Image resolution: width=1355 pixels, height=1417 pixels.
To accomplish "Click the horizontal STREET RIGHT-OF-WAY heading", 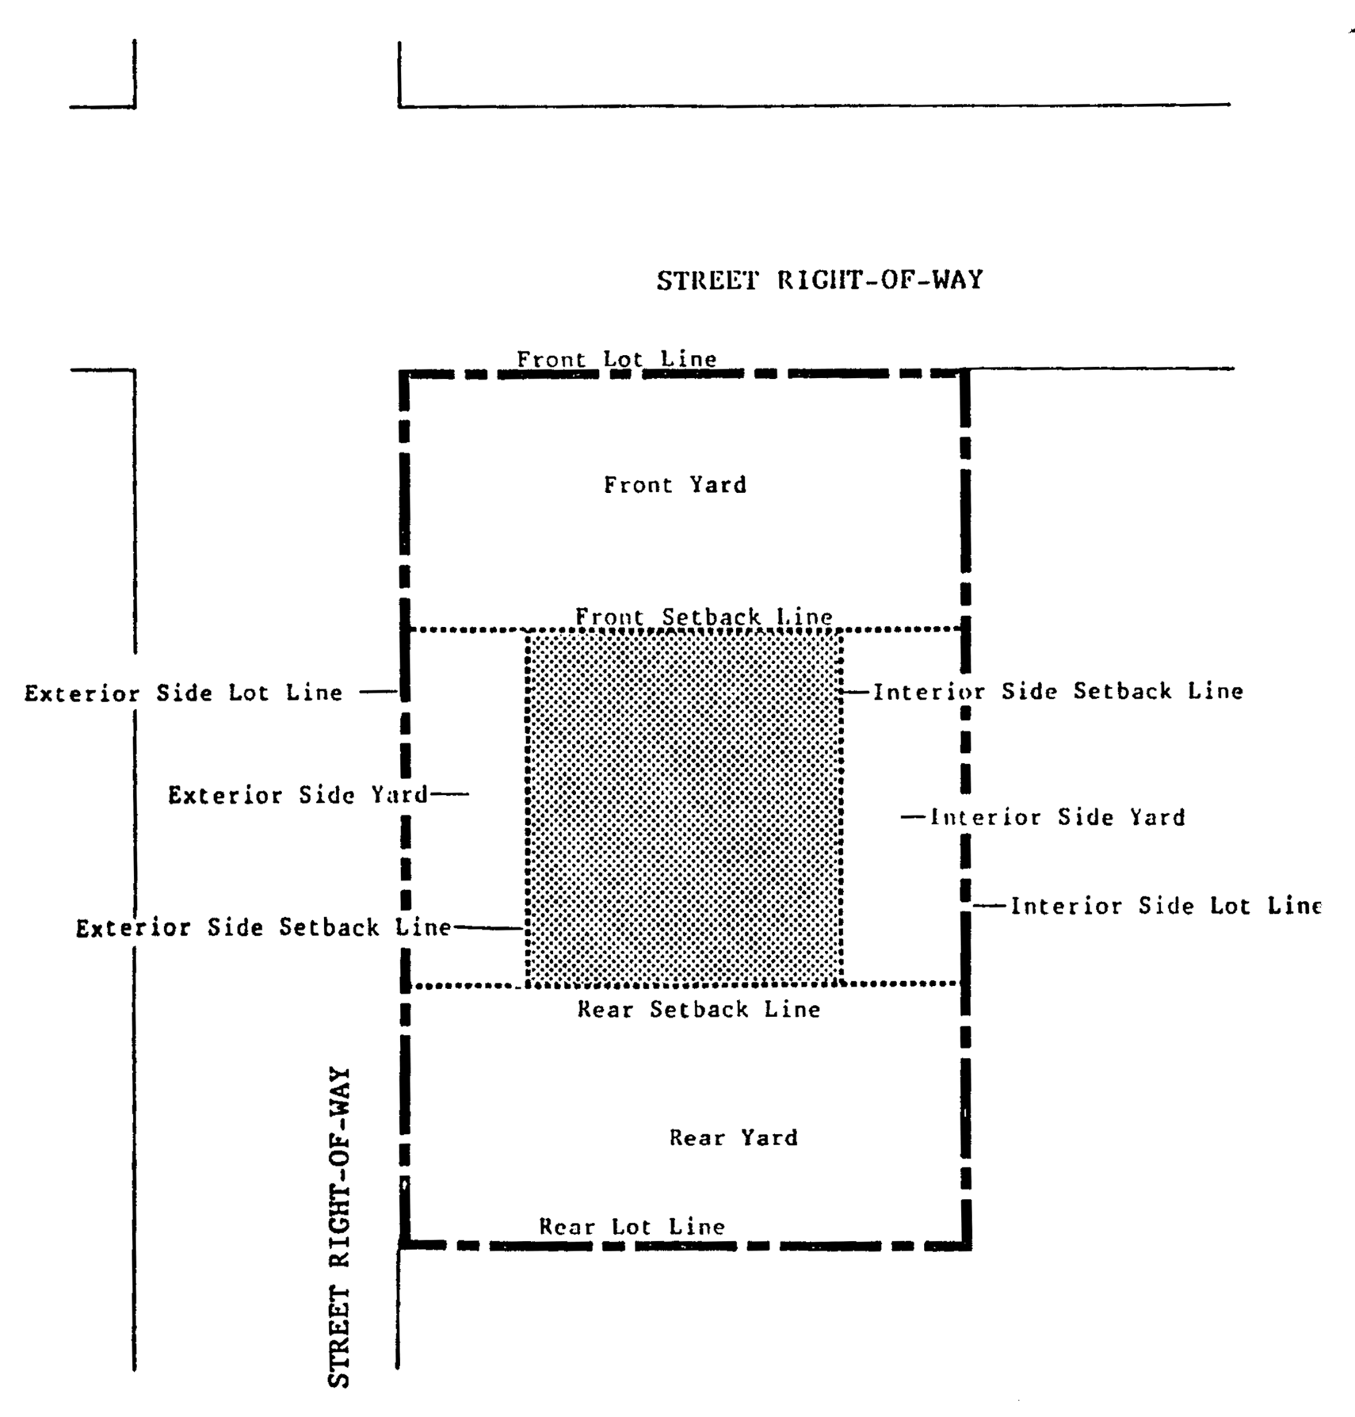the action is pyautogui.click(x=819, y=281).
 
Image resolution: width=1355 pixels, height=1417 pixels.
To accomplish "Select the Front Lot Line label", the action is pyautogui.click(x=616, y=359).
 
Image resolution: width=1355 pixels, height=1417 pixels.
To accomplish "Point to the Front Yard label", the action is pyautogui.click(x=675, y=484).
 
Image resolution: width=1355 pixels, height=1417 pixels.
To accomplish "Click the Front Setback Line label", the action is pyautogui.click(x=704, y=616).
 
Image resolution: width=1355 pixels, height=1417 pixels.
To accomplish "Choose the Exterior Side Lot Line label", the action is pyautogui.click(x=184, y=693).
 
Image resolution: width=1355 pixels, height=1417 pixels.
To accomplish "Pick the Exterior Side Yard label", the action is pyautogui.click(x=298, y=795).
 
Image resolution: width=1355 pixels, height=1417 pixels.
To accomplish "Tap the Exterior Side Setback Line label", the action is pyautogui.click(x=263, y=928).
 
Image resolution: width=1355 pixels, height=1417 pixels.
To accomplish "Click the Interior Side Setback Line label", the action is pyautogui.click(x=1059, y=691).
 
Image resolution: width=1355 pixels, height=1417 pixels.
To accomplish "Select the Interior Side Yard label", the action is pyautogui.click(x=1058, y=817).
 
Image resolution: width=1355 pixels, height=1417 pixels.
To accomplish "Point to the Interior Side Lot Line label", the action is pyautogui.click(x=1166, y=906).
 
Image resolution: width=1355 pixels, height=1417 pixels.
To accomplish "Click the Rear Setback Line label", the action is pyautogui.click(x=698, y=1009).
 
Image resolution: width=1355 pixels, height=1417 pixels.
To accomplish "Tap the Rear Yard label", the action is pyautogui.click(x=733, y=1138).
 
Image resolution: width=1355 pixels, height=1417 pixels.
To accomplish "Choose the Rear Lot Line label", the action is pyautogui.click(x=632, y=1227).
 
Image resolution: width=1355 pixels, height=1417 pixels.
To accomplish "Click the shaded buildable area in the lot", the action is pyautogui.click(x=683, y=808).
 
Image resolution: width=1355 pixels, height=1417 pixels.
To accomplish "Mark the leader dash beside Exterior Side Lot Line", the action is pyautogui.click(x=378, y=692).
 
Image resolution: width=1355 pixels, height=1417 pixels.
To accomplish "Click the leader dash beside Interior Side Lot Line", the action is pyautogui.click(x=990, y=905).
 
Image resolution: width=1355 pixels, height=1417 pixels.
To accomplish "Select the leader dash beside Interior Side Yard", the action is pyautogui.click(x=914, y=816).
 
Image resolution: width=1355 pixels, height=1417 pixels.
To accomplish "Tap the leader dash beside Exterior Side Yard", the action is pyautogui.click(x=450, y=794).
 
